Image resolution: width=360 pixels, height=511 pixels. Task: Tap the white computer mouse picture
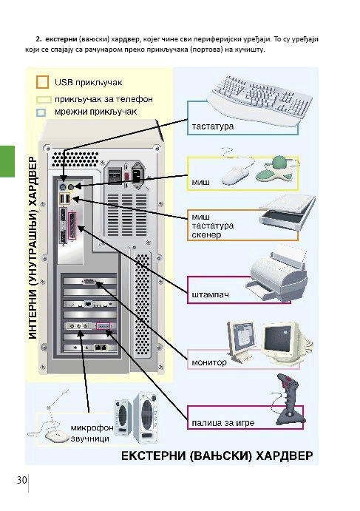[x=235, y=176]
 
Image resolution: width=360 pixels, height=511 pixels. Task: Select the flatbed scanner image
[x=288, y=211]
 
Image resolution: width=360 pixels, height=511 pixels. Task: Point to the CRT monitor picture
[x=284, y=342]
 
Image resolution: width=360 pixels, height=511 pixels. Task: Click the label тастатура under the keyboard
[x=213, y=126]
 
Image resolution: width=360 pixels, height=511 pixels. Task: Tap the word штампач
[x=210, y=294]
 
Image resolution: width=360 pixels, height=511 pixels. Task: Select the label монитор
[x=209, y=362]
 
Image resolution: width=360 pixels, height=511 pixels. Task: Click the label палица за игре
[x=223, y=423]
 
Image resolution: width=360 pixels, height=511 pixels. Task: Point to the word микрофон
[x=92, y=427]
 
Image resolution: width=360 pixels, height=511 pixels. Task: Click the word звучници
[x=90, y=439]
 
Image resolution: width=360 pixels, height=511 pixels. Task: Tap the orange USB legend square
[x=42, y=82]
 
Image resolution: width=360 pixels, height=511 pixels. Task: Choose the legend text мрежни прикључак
[x=96, y=112]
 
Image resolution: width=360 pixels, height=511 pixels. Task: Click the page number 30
[x=22, y=480]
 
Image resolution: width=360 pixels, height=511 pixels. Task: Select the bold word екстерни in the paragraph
[x=61, y=39]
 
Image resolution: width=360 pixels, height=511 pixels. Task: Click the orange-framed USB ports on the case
[x=65, y=199]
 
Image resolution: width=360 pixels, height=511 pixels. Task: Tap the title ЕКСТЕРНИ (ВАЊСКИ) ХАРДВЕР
[x=217, y=456]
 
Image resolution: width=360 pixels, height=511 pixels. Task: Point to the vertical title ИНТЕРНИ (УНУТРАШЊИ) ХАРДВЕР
[x=33, y=248]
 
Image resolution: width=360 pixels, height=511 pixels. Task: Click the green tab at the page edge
[x=7, y=161]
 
